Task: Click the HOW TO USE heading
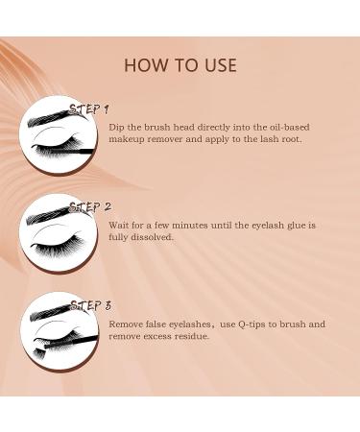(x=180, y=66)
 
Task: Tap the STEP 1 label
(x=89, y=108)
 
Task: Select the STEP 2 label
(x=91, y=206)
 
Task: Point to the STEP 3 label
(x=91, y=305)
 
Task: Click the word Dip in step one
(x=117, y=127)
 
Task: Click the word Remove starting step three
(x=128, y=324)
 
